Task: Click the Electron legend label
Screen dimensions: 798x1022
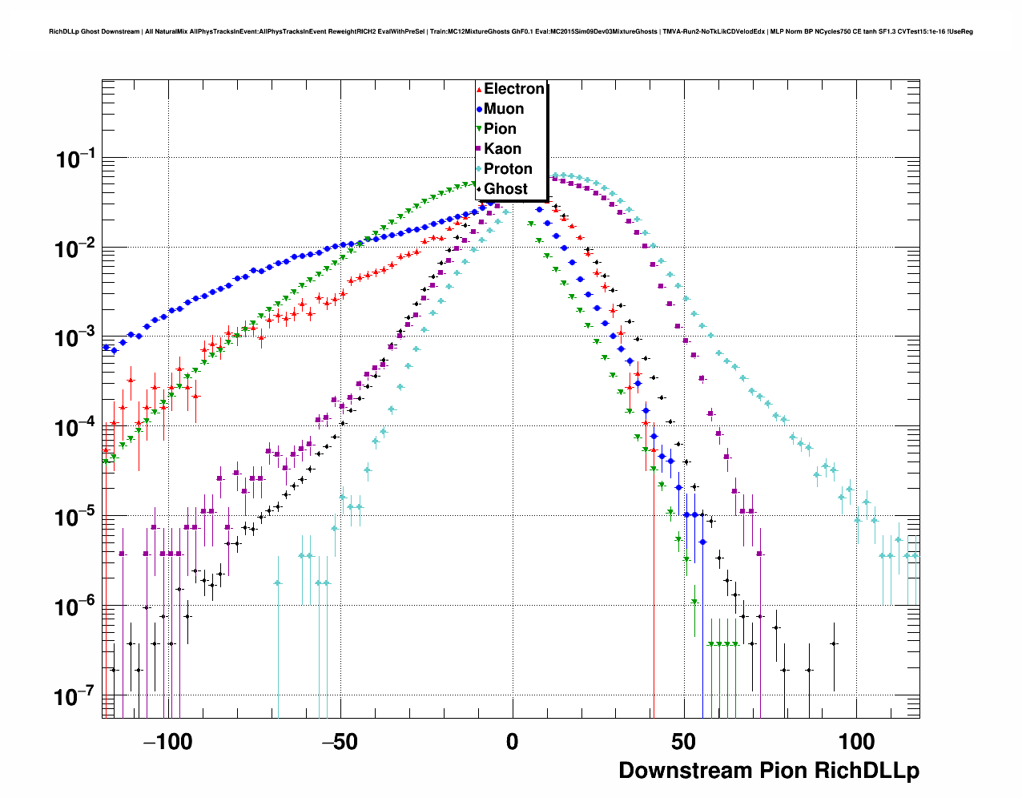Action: (x=514, y=89)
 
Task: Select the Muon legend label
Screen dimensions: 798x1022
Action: (x=504, y=109)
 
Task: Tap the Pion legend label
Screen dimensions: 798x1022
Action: (x=500, y=129)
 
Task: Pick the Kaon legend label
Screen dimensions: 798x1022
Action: (x=502, y=149)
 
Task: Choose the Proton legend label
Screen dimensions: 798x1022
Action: (x=508, y=169)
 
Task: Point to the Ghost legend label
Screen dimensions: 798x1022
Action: (x=505, y=189)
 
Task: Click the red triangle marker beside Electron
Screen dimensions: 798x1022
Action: (x=479, y=90)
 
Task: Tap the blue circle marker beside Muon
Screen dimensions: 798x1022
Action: (x=479, y=109)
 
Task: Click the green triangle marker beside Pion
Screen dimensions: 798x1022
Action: (x=479, y=129)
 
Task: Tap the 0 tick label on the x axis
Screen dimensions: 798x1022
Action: (x=512, y=742)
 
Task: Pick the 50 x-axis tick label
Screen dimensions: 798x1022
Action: (x=684, y=742)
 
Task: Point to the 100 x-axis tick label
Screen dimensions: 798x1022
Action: (x=856, y=742)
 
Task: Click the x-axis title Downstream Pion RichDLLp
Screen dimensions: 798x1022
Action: (x=769, y=771)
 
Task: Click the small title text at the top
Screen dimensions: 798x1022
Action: (x=511, y=31)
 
